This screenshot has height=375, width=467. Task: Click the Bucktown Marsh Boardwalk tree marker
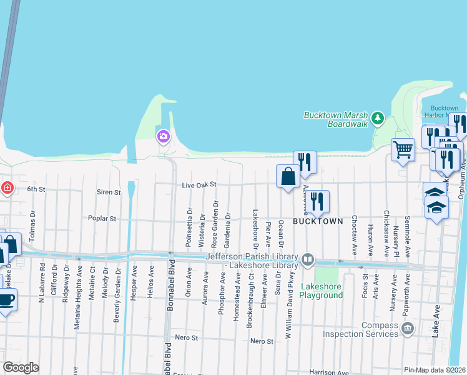(x=376, y=117)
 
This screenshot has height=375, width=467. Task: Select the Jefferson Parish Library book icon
(x=307, y=259)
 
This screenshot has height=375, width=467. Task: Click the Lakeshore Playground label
(x=322, y=291)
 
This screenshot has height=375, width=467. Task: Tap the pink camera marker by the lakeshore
(x=163, y=136)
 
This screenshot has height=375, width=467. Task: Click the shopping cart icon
(x=403, y=149)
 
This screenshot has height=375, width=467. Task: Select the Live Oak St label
(x=199, y=185)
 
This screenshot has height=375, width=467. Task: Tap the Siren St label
(x=109, y=192)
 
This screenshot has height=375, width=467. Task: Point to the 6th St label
(x=36, y=189)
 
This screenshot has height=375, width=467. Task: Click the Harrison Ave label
(x=328, y=372)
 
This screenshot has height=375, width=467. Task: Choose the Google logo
(x=21, y=367)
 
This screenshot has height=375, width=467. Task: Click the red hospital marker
(x=6, y=187)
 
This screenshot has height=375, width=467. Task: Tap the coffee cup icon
(x=6, y=299)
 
